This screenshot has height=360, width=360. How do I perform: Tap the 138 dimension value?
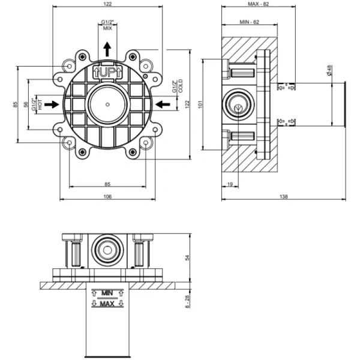(283, 196)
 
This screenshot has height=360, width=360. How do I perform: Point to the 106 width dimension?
(107, 196)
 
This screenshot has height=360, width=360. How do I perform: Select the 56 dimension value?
(34, 104)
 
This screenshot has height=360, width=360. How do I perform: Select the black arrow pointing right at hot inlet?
(52, 104)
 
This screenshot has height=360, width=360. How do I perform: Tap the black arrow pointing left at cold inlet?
(162, 104)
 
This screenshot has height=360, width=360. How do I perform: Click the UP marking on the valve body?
(107, 72)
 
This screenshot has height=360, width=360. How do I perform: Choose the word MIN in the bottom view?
(107, 292)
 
